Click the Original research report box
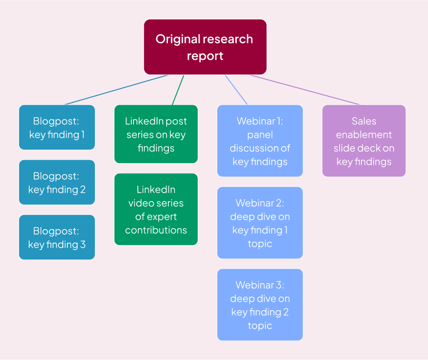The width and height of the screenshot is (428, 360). coord(205,47)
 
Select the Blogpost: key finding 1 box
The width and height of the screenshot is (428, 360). coord(57,128)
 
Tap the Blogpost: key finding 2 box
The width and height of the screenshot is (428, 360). coord(57,183)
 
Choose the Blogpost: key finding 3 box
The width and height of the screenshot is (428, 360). coord(57,237)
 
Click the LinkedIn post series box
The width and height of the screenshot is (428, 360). coord(156,134)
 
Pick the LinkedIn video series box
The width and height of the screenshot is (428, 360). coord(156,210)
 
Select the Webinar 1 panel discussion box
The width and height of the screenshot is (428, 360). coord(260,141)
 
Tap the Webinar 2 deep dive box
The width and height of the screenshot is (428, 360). coord(260,223)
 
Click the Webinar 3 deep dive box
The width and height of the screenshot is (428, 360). coord(260,305)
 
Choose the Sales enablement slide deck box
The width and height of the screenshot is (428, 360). coord(364,141)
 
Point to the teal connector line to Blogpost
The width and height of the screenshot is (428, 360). coord(116,89)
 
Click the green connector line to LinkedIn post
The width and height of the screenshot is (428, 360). coord(178,89)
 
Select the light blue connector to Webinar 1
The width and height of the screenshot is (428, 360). coord(236,89)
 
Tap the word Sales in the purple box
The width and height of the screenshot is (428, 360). coord(364,121)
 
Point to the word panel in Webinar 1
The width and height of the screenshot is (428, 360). coord(260,135)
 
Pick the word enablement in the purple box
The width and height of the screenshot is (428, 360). coord(364,135)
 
